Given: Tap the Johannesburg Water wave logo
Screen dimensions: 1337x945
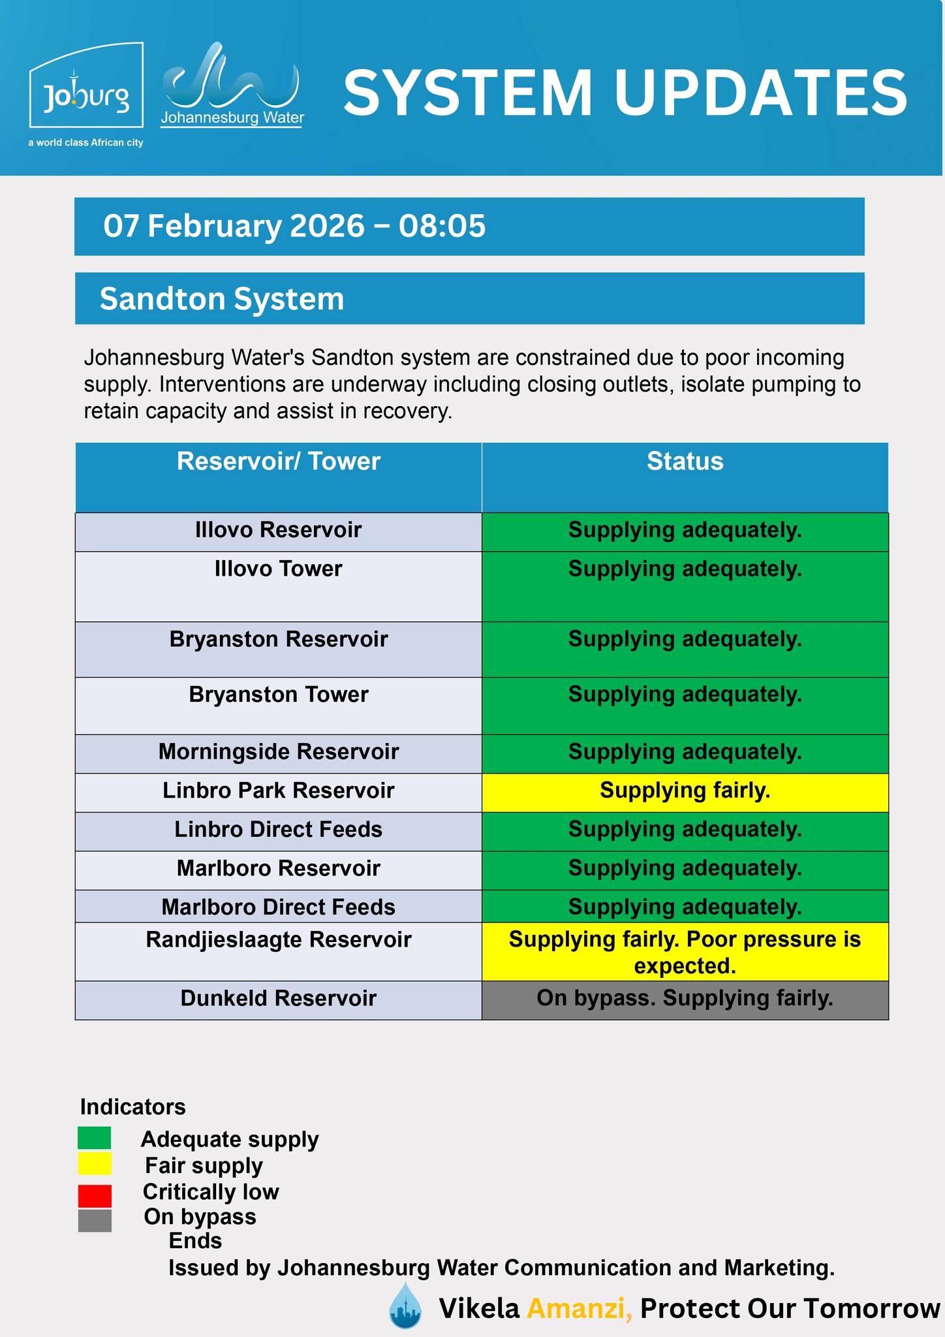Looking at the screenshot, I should coord(232,85).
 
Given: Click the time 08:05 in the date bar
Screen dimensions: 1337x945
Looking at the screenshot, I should coord(442,226).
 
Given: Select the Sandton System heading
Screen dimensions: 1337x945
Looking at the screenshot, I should coord(221,299).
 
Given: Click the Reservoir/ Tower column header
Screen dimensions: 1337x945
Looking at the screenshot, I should coord(278,462).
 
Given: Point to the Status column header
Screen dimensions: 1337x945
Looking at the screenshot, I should coord(685,462).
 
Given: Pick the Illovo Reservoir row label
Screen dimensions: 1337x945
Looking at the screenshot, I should coord(278,530).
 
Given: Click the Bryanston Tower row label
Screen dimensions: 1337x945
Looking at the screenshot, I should coord(278,695).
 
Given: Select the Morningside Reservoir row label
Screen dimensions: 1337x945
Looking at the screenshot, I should coord(278,752).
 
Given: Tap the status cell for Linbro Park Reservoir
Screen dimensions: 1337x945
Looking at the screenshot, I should coord(685,791).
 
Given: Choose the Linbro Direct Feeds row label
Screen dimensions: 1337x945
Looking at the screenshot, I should coord(278,830).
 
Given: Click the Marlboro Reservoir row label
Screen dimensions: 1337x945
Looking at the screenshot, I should coord(278,869).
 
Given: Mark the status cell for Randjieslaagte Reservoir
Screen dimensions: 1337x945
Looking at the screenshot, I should coord(685,952).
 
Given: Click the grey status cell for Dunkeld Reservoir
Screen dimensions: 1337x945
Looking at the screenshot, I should coord(685,999).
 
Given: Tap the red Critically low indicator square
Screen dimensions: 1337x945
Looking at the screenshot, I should coord(95,1196).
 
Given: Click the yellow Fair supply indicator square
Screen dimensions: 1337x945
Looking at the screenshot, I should coord(95,1164).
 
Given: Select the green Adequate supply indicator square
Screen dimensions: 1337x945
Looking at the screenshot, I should coord(95,1138).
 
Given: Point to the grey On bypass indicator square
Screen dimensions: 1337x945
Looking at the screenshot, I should coord(95,1221).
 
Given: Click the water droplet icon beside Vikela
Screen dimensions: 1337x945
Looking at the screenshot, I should coord(405,1306).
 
